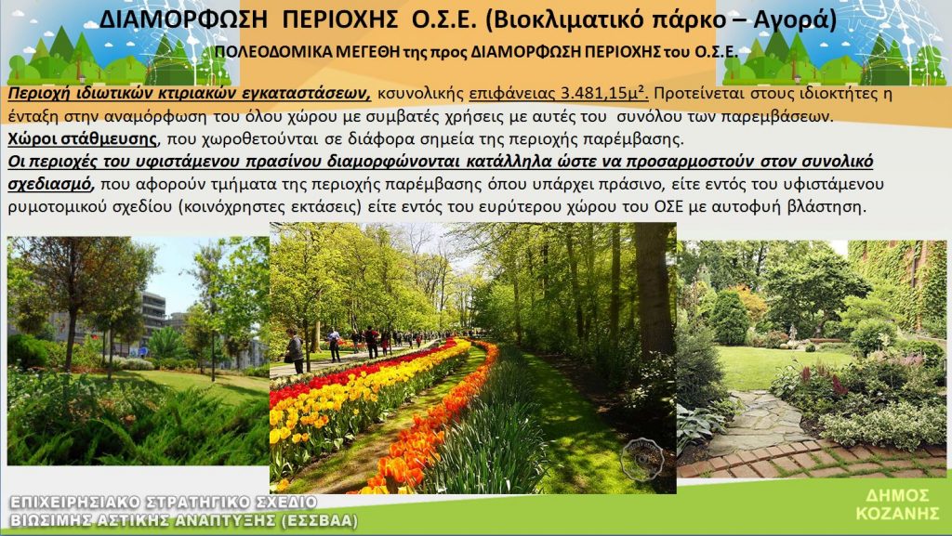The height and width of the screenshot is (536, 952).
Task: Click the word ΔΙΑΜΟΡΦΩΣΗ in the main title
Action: pos(183,20)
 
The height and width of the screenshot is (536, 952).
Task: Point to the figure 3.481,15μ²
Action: pos(604,94)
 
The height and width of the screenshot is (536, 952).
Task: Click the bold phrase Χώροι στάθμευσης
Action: pos(83,138)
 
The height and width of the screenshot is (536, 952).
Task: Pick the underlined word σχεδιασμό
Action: pos(50,184)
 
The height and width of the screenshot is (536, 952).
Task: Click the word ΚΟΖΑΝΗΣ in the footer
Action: pos(897,514)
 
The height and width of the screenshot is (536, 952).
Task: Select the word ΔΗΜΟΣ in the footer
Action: pos(897,495)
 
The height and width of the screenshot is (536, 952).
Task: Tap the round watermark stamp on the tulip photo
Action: pos(641,460)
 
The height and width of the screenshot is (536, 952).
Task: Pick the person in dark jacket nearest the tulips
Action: pos(295,351)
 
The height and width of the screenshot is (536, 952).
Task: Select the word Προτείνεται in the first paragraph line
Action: pos(697,94)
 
